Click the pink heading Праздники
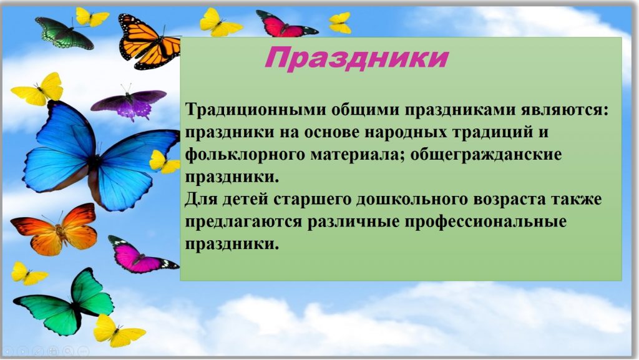[x=356, y=58]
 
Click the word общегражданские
[x=485, y=155]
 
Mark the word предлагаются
[x=244, y=222]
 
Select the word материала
[x=358, y=155]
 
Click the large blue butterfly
[x=99, y=156]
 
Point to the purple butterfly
[x=129, y=103]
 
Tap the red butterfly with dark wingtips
[x=286, y=24]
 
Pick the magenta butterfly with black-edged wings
[x=140, y=256]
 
